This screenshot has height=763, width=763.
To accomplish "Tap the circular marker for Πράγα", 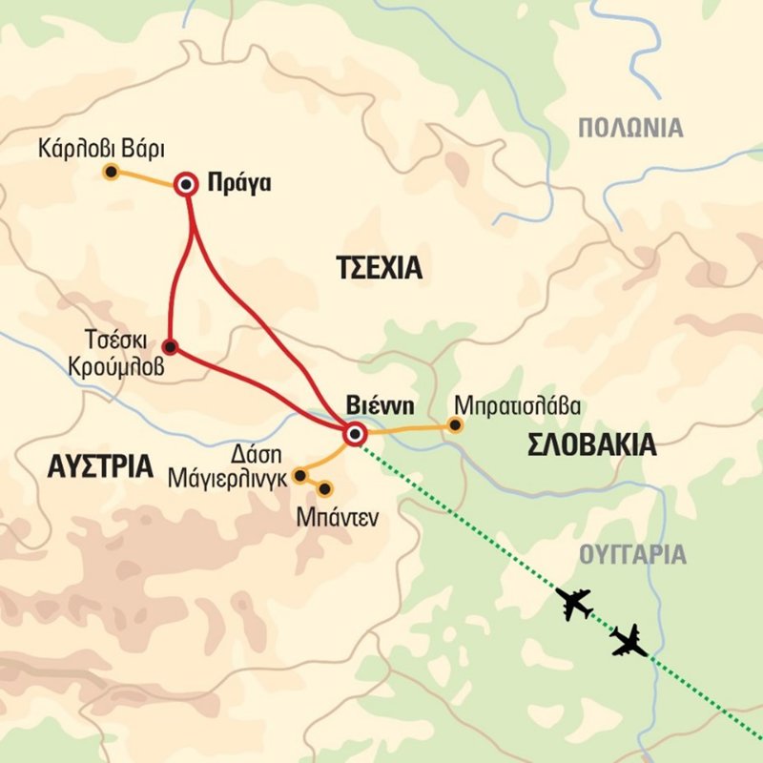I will click(x=187, y=185).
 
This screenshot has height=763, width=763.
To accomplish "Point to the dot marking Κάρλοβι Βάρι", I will click(x=111, y=173).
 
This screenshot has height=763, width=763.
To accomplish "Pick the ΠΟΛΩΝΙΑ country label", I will click(x=631, y=128).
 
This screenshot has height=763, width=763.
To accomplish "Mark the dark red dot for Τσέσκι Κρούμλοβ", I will click(x=170, y=346).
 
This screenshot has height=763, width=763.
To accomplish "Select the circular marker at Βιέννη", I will click(x=355, y=435).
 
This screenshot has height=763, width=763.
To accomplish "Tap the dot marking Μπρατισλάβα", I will click(x=456, y=425).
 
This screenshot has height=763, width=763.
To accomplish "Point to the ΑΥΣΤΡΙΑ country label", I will click(x=99, y=466).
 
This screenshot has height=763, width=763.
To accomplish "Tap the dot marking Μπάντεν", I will click(x=324, y=489).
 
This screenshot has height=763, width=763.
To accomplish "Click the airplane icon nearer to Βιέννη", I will click(x=574, y=604).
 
